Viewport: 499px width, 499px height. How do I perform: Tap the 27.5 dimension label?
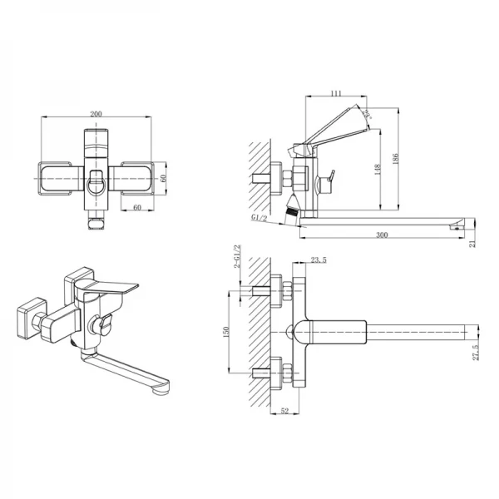(475, 353)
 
